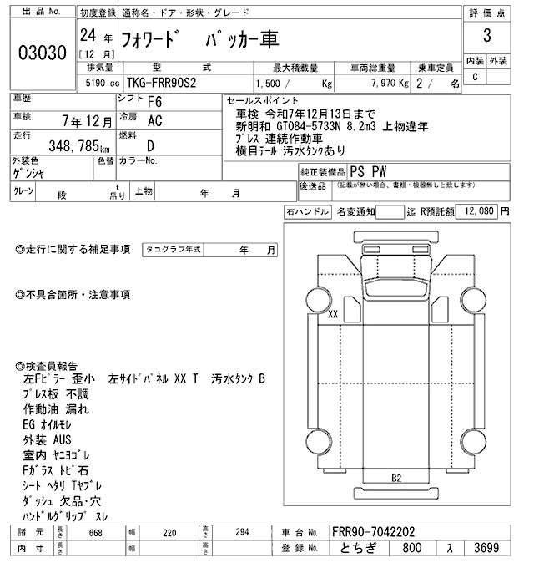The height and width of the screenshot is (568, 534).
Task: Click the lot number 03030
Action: point(42,52)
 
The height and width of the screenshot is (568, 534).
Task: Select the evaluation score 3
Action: point(486,37)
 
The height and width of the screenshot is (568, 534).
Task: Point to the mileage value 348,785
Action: point(76,145)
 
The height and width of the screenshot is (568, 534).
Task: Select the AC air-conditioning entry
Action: point(155,121)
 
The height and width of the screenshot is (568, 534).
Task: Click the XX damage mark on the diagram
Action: point(333,315)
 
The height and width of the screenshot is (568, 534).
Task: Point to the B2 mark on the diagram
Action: point(397,478)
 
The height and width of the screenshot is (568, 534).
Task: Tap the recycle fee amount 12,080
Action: point(479,211)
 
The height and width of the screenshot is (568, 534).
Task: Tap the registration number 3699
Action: point(487,550)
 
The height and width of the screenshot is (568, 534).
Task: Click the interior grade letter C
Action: point(475,77)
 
